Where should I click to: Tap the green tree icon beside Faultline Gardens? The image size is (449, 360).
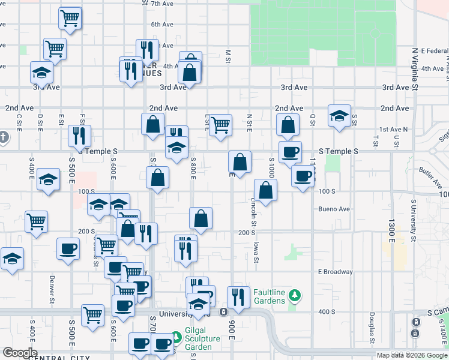[x=294, y=295]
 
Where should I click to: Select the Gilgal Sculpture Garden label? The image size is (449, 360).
[x=199, y=343]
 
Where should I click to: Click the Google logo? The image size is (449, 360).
[x=20, y=353]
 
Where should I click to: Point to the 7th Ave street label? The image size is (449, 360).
[x=162, y=4]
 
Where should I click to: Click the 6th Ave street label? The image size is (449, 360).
[x=162, y=25]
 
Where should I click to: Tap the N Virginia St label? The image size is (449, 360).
[x=414, y=69]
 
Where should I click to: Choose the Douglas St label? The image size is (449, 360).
[x=372, y=328]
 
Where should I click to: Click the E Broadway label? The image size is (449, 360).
[x=336, y=272]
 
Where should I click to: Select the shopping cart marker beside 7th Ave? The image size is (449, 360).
[x=70, y=19]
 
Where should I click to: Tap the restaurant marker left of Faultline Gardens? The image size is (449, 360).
[x=238, y=297]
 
